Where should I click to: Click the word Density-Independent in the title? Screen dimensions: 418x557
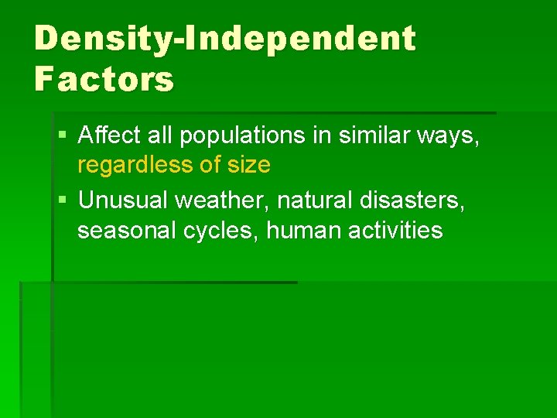[x=225, y=39]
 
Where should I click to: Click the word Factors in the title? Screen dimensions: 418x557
[x=104, y=79]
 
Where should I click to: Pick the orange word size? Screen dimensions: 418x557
[x=245, y=165]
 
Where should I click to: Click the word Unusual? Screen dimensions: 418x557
[x=125, y=200]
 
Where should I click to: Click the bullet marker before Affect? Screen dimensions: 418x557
[x=62, y=137]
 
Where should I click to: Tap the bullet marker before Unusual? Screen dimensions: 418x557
[x=62, y=200]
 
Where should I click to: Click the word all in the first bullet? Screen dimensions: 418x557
[x=160, y=136]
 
